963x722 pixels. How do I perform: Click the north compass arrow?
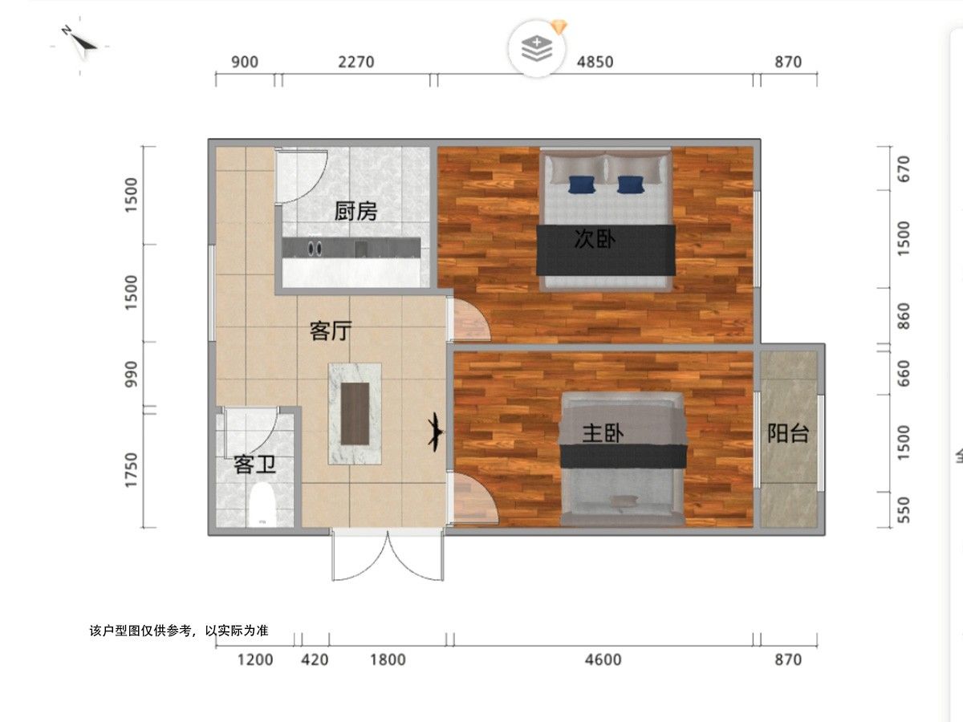tap(80, 44)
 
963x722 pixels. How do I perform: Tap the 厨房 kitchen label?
tap(356, 211)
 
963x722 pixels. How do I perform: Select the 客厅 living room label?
tap(331, 331)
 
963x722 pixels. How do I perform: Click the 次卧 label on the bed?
tap(595, 239)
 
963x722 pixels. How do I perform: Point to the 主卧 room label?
tap(603, 433)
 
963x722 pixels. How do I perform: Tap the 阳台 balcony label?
tap(788, 433)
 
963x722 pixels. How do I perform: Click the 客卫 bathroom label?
tap(254, 464)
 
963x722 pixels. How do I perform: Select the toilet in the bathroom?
tap(262, 504)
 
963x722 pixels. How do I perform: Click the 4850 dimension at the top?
tap(595, 63)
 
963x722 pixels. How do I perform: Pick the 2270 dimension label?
tap(356, 63)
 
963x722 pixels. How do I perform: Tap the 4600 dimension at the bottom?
tap(603, 659)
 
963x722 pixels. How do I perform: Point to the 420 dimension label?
tap(315, 659)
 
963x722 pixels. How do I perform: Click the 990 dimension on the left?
tap(131, 374)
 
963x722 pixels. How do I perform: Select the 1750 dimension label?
tap(131, 470)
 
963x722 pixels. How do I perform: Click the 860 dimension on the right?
tap(904, 316)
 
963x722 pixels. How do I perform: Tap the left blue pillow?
tap(582, 185)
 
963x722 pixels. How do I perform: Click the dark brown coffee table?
tap(355, 414)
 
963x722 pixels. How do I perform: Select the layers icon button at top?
tap(537, 49)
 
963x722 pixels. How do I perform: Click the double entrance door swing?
tap(388, 556)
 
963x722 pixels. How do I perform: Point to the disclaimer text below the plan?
tap(179, 631)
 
